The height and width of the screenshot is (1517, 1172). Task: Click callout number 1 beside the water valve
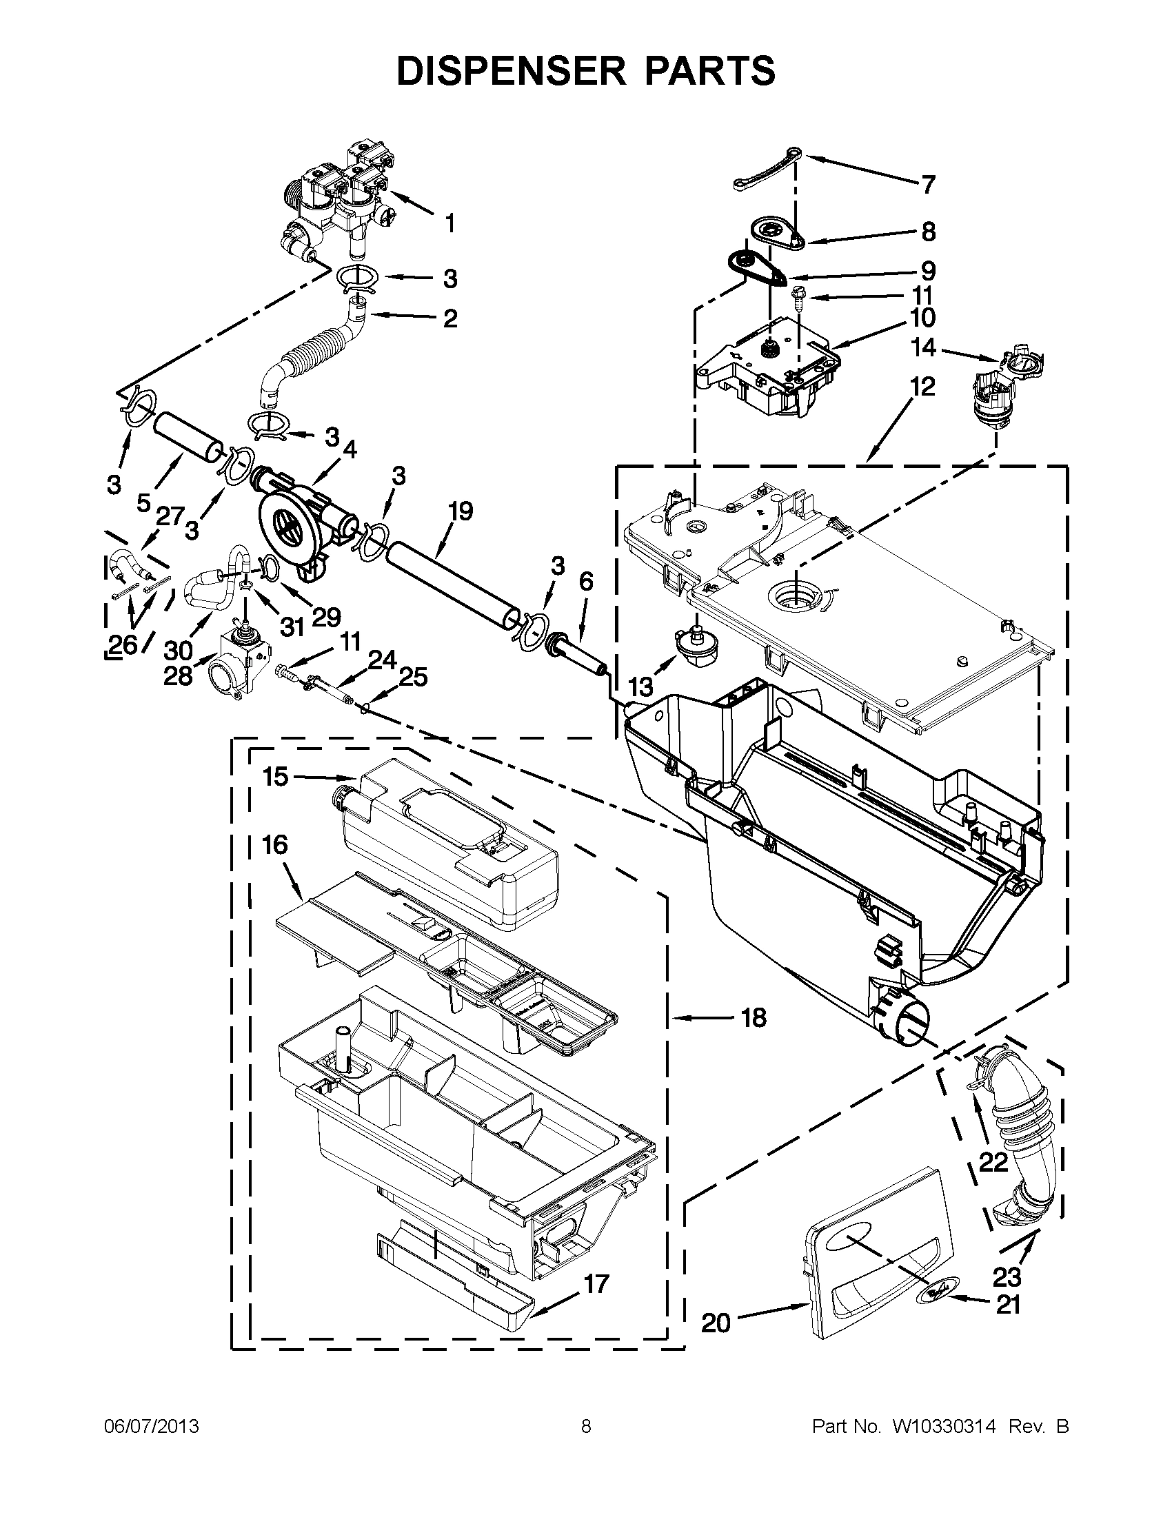pos(450,224)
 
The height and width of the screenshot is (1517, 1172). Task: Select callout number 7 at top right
pos(929,185)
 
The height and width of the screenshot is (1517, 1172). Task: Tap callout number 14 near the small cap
pos(924,347)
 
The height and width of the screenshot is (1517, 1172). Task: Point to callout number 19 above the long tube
pos(460,511)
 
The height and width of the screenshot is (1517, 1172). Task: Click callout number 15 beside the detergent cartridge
pos(276,777)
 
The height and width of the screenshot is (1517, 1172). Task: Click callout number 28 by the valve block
pos(177,675)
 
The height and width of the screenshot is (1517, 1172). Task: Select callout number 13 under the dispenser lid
pos(640,687)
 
